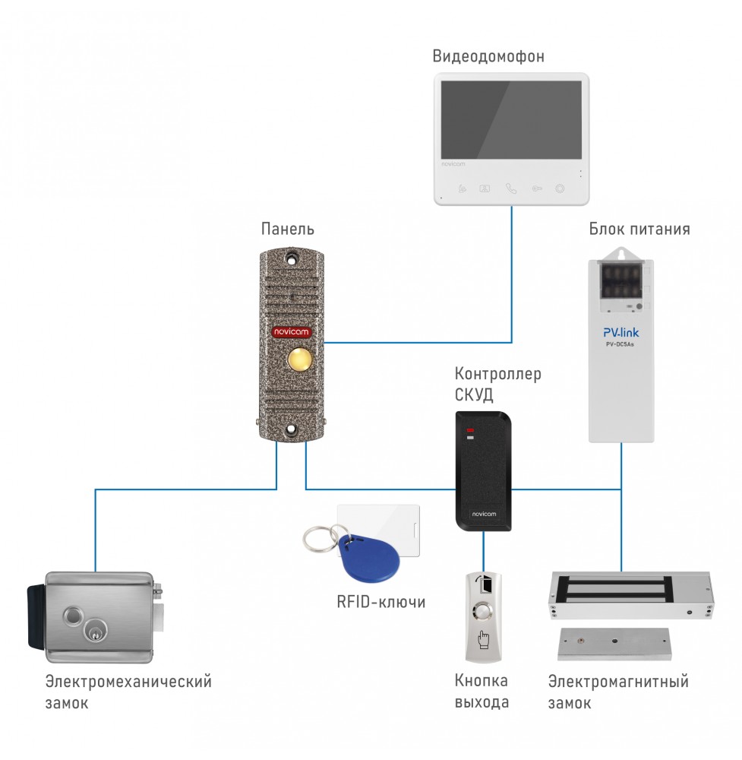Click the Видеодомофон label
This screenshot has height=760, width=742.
[488, 56]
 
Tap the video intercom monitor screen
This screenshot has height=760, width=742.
[511, 120]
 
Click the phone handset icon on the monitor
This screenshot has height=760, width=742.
[511, 188]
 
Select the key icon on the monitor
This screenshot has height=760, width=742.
[536, 188]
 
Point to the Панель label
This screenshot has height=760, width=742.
[288, 229]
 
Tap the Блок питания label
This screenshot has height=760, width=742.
[639, 229]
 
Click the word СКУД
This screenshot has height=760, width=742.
[474, 395]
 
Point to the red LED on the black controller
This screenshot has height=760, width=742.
[470, 431]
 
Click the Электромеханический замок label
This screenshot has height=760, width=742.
[128, 692]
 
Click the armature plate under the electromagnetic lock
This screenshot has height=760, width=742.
[614, 643]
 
